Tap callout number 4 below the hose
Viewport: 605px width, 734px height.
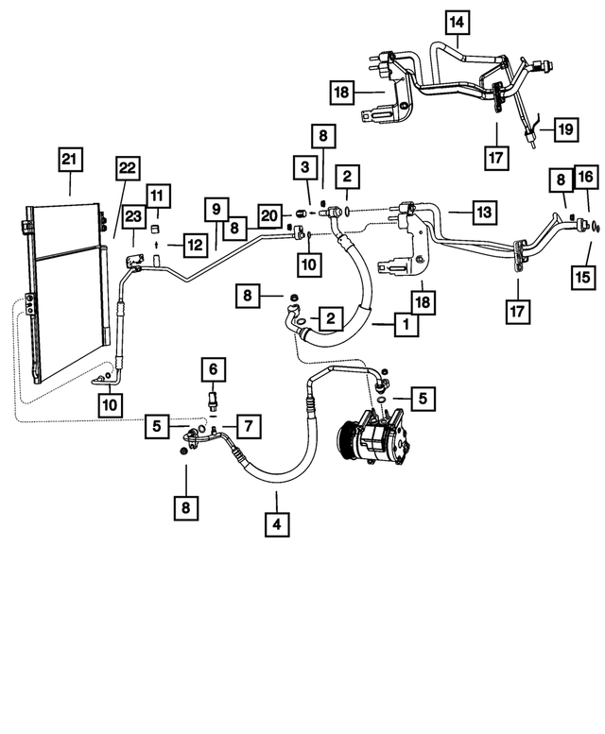tap(277, 522)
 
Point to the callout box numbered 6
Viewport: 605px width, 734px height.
tap(214, 368)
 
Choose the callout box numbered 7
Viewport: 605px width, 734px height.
tap(248, 427)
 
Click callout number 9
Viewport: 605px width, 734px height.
tap(216, 208)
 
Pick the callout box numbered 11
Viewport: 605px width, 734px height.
tap(157, 196)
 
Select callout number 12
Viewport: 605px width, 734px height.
tap(194, 246)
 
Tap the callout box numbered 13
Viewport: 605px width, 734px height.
tap(484, 213)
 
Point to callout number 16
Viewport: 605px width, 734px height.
tap(586, 176)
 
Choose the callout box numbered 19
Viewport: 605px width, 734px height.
tap(564, 128)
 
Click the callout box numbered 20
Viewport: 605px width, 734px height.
tap(269, 216)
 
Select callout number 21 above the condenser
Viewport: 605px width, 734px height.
tap(69, 162)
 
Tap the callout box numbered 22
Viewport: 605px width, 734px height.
tap(128, 169)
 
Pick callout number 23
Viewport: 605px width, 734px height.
tap(134, 217)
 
